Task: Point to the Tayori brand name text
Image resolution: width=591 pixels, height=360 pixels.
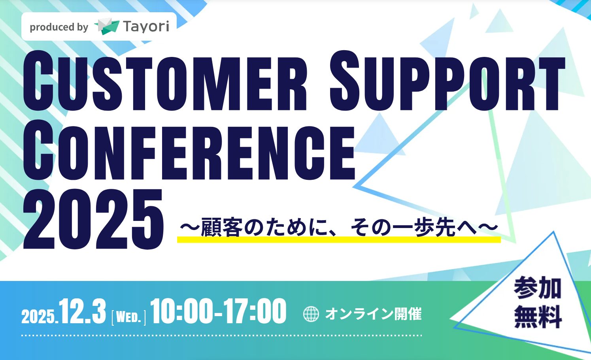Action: click(146, 26)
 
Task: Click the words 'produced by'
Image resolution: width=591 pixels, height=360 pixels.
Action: click(59, 27)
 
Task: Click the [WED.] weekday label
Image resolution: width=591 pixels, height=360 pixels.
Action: click(129, 317)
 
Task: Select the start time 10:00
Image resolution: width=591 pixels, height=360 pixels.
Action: click(183, 312)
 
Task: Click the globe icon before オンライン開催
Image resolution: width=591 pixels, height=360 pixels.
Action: click(311, 314)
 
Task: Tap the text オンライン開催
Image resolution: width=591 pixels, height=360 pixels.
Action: click(373, 314)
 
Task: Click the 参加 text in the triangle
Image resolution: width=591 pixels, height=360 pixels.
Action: click(538, 288)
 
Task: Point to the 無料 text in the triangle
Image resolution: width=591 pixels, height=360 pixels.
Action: click(538, 317)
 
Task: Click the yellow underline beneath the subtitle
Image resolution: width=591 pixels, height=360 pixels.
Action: click(338, 239)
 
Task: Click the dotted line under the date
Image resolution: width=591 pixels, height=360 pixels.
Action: click(221, 335)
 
